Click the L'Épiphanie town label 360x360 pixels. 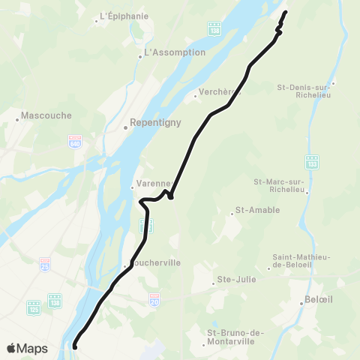(x=124, y=16)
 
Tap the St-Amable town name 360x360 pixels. (x=257, y=210)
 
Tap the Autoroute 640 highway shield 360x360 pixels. (x=74, y=140)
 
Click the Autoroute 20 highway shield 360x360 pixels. (x=154, y=298)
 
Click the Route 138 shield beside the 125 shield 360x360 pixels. (x=55, y=300)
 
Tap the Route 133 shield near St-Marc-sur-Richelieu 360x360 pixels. (x=311, y=161)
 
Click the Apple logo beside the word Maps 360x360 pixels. (x=12, y=348)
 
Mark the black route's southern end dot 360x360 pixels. (x=76, y=346)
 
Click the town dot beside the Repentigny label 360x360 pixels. (x=126, y=127)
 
